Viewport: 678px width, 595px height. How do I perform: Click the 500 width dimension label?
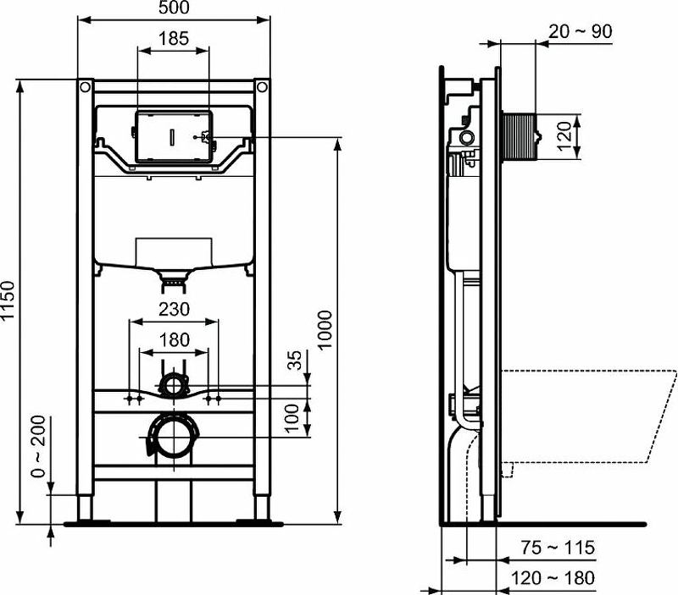click(174, 8)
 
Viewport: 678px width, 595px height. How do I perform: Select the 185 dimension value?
click(174, 38)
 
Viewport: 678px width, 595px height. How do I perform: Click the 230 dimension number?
click(174, 310)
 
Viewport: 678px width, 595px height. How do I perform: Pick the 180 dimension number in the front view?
click(174, 340)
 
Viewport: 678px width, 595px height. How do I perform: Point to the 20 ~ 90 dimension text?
click(581, 31)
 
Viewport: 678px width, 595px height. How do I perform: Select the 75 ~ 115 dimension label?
click(558, 548)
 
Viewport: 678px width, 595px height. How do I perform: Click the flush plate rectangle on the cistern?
click(173, 135)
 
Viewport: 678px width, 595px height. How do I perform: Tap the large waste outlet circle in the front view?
click(175, 436)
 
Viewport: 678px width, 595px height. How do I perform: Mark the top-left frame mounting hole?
click(85, 86)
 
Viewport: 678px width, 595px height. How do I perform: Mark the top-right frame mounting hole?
click(262, 86)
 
